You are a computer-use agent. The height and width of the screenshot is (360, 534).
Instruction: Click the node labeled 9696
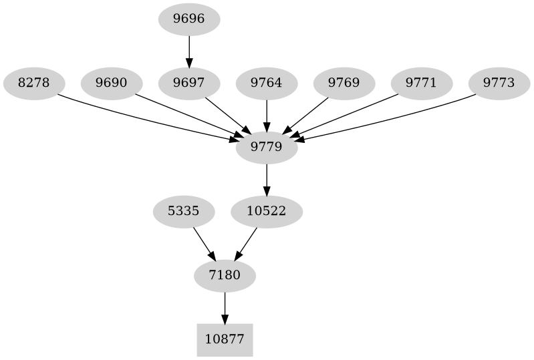[189, 19]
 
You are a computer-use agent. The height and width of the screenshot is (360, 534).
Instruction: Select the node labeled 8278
[33, 83]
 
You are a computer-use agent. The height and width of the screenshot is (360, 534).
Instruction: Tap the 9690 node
[112, 83]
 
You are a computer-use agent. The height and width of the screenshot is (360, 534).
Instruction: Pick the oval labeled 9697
[189, 83]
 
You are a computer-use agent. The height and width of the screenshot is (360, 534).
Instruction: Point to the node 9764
[267, 83]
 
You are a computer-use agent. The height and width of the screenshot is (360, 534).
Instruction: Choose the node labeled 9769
[344, 83]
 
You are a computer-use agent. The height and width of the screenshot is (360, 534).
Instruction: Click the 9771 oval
[422, 83]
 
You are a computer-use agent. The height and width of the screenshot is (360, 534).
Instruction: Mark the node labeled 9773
[499, 83]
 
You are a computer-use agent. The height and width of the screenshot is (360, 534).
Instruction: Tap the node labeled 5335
[184, 212]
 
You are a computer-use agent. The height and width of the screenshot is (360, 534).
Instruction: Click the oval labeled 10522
[267, 212]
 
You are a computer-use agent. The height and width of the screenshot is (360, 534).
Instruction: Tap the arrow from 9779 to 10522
[267, 180]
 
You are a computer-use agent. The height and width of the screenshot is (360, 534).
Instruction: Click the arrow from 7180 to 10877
[225, 308]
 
